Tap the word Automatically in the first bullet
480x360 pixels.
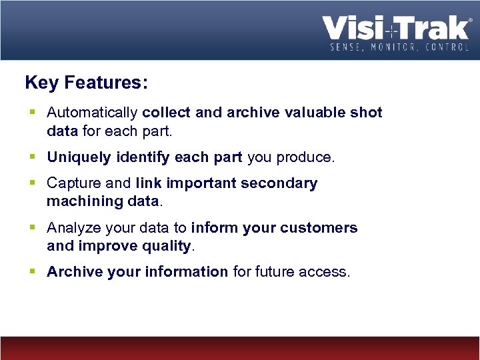pos(93,113)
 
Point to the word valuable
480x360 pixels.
pos(313,113)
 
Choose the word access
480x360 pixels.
pos(326,272)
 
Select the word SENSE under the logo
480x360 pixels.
pos(345,47)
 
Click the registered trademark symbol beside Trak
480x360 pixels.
pos(471,21)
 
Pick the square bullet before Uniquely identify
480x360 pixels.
pos(33,157)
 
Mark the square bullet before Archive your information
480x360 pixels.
pos(33,272)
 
